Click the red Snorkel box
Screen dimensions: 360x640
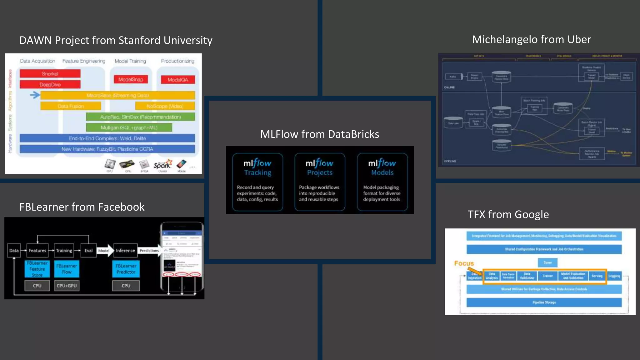pos(50,74)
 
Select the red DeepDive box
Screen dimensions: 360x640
pos(50,84)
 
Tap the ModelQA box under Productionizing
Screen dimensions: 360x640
pos(178,80)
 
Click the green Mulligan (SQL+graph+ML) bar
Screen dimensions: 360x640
pos(129,127)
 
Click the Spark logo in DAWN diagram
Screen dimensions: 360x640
pos(162,165)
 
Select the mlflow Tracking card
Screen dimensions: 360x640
pos(257,182)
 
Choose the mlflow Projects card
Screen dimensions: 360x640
pos(319,182)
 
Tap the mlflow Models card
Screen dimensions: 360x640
pos(382,182)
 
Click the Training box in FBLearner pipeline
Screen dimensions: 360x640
pos(64,250)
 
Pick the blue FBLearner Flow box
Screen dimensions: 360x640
pos(67,269)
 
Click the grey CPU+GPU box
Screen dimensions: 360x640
pos(67,286)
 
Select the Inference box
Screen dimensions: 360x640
pos(125,250)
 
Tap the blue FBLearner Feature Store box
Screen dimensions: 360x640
pos(37,269)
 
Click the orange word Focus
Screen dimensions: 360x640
pos(464,263)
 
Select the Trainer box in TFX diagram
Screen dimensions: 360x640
pos(547,276)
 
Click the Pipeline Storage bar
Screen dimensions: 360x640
pos(544,302)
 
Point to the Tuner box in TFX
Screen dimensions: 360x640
pos(547,262)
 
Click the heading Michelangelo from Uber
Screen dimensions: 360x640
pos(531,39)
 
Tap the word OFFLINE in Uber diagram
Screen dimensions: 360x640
pos(450,161)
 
